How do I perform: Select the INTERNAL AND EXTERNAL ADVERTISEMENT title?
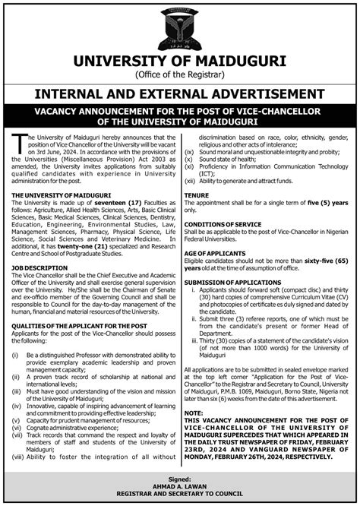[180, 93]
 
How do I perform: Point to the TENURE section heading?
[196, 195]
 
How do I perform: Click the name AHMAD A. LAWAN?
[180, 489]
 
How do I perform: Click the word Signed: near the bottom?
[180, 480]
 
